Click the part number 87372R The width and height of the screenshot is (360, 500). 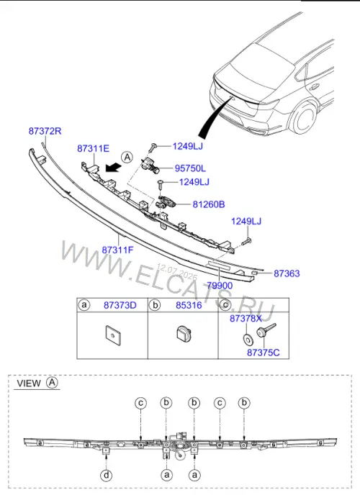click(x=45, y=131)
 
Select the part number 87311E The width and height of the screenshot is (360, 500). click(x=93, y=148)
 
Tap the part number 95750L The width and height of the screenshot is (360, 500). click(x=190, y=168)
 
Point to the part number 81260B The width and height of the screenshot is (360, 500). click(x=209, y=204)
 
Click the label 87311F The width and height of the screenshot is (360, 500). click(x=117, y=250)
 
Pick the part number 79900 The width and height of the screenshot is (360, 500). click(x=220, y=286)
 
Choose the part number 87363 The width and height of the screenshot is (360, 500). click(x=287, y=273)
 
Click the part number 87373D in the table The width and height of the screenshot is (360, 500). click(x=120, y=305)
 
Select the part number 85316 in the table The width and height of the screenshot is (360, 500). click(x=189, y=305)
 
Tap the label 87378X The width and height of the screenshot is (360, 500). click(x=246, y=318)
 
